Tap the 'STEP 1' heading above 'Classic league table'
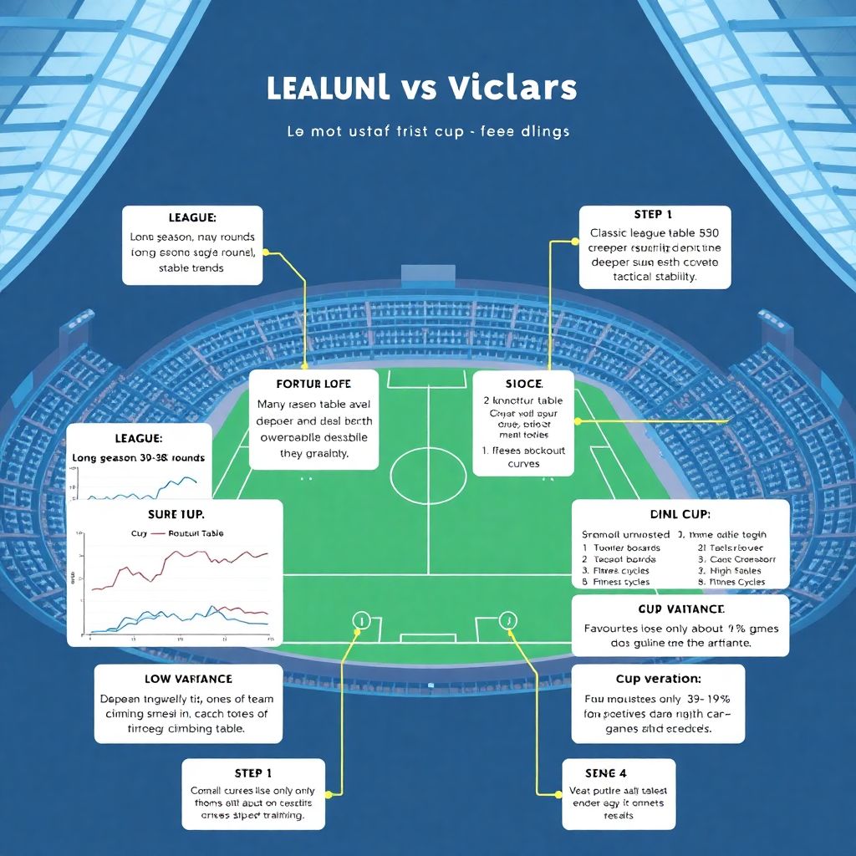(x=654, y=215)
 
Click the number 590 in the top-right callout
(x=709, y=233)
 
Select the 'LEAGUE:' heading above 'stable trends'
(x=192, y=217)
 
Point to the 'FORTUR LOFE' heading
(x=313, y=384)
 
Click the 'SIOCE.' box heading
(x=524, y=384)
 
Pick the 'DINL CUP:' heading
(x=680, y=514)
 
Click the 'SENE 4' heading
(x=606, y=773)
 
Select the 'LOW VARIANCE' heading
(x=188, y=679)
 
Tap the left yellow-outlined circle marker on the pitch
(x=361, y=620)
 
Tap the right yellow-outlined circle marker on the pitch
(x=507, y=620)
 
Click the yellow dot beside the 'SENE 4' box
(x=559, y=793)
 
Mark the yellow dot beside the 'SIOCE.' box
(x=578, y=420)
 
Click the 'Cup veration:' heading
(x=658, y=679)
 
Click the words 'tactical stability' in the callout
(x=654, y=276)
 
